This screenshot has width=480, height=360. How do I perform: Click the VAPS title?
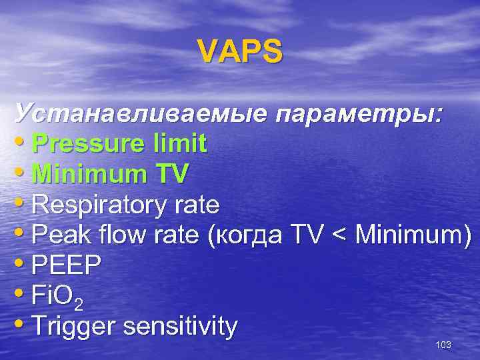[240, 51]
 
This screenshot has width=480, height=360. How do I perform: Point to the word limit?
[179, 143]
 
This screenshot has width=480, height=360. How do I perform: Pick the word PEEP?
[66, 266]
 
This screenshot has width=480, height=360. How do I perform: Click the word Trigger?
[73, 327]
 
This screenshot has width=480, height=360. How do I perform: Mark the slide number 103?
[443, 345]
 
